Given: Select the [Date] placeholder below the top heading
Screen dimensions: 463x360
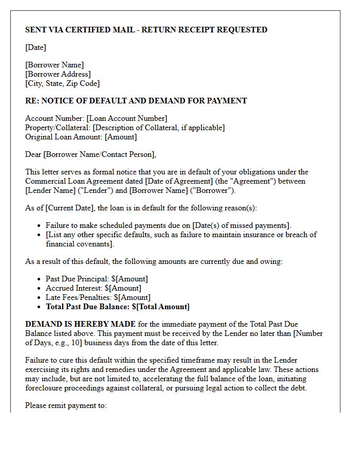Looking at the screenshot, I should click(35, 47).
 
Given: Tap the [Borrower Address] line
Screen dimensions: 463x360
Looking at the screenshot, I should click(58, 74).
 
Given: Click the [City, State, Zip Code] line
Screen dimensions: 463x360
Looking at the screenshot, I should click(62, 83).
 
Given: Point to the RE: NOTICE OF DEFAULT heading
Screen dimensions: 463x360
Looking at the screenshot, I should click(136, 101).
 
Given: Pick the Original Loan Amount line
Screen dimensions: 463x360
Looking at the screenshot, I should click(81, 137).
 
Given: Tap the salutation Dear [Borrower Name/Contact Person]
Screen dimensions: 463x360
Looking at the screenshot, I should click(91, 154).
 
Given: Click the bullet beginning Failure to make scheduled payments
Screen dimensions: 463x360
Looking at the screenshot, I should click(168, 225).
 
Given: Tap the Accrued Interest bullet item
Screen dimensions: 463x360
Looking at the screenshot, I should click(93, 288).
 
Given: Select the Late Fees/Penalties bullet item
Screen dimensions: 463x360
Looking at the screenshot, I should click(98, 297).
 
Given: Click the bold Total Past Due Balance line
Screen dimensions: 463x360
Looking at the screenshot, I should click(117, 307).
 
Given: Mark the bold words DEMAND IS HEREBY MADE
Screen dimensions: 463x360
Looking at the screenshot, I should click(80, 324).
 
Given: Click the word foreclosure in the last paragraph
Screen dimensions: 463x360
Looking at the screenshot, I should click(46, 388).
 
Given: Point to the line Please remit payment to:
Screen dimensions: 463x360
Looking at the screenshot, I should click(66, 405).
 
